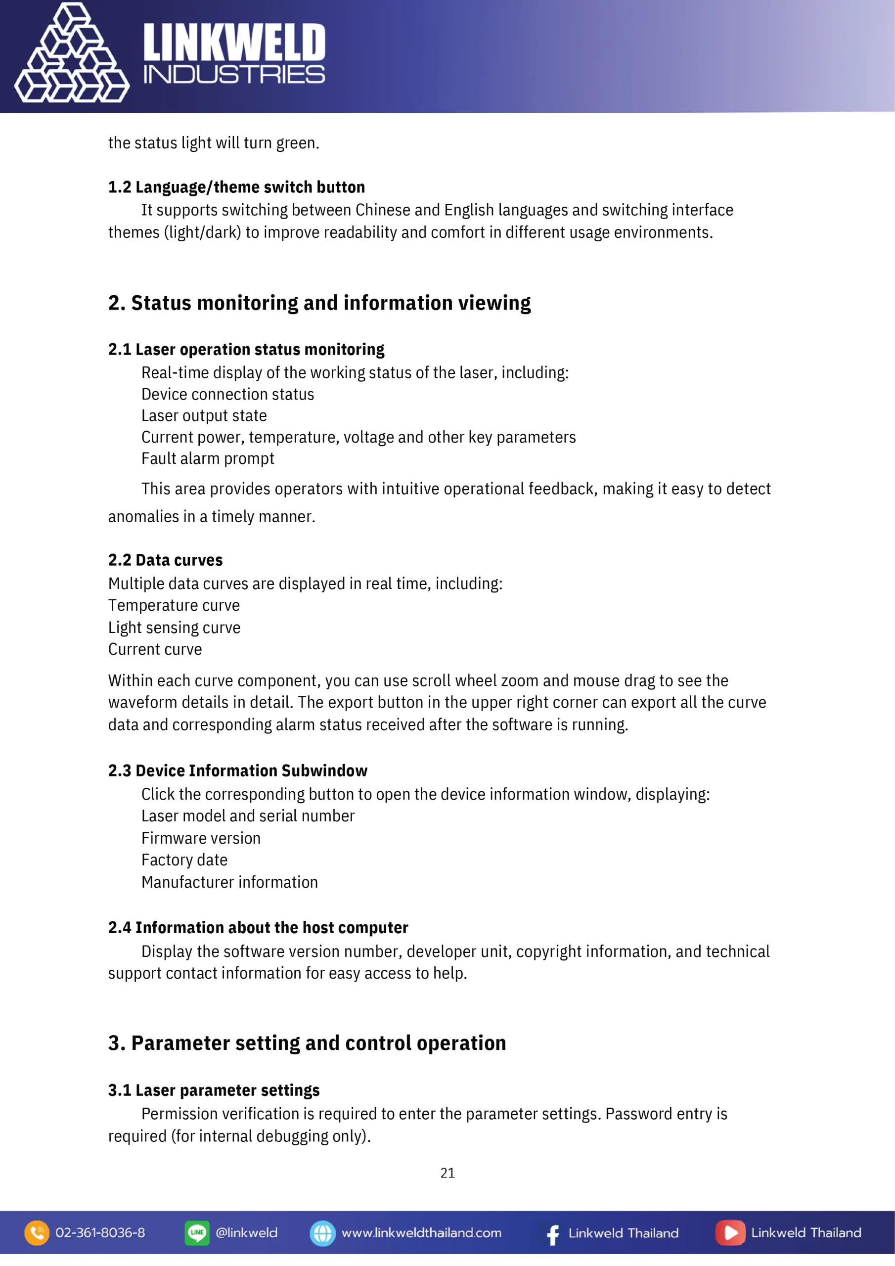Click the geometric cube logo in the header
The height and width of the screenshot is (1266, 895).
[72, 54]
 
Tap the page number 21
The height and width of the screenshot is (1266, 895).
[447, 1173]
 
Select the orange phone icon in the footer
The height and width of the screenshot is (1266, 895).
[37, 1233]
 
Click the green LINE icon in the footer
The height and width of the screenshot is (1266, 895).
[197, 1233]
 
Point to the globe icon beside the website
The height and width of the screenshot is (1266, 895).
[322, 1233]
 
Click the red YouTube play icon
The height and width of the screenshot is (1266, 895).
[730, 1233]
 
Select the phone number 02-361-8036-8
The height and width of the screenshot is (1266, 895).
[100, 1233]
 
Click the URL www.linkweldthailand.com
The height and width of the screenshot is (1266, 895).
[421, 1233]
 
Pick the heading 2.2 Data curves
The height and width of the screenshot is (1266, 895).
[166, 560]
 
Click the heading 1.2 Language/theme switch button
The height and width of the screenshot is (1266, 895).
[236, 187]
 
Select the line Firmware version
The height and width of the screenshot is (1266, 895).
[201, 838]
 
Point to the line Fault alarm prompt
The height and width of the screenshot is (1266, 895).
[207, 459]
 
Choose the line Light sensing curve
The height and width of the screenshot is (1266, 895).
[174, 628]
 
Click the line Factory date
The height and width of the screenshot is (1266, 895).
[184, 860]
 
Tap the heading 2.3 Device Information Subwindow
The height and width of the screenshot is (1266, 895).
[238, 771]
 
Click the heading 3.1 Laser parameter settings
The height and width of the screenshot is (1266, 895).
[214, 1090]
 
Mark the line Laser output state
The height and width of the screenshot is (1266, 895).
[204, 416]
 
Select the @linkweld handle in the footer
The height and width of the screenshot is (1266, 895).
[247, 1233]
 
